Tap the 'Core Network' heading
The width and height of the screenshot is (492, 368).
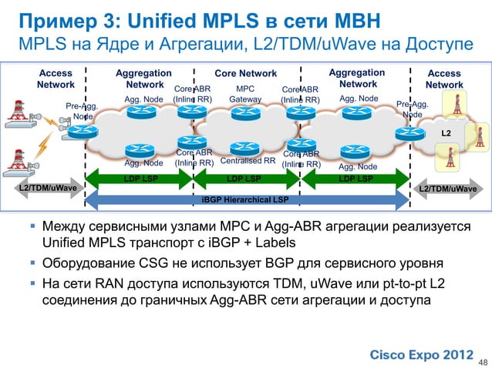(x=245, y=74)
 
